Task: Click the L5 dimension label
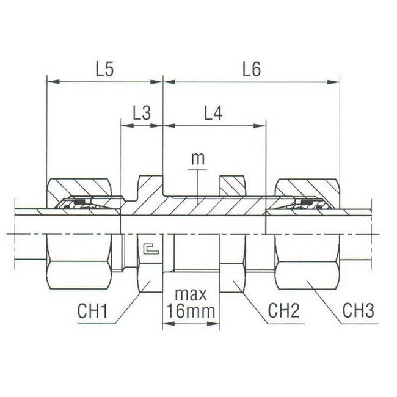(105, 70)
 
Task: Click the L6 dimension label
(251, 70)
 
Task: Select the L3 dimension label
(142, 113)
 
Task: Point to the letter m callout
(197, 159)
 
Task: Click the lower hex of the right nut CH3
(305, 272)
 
